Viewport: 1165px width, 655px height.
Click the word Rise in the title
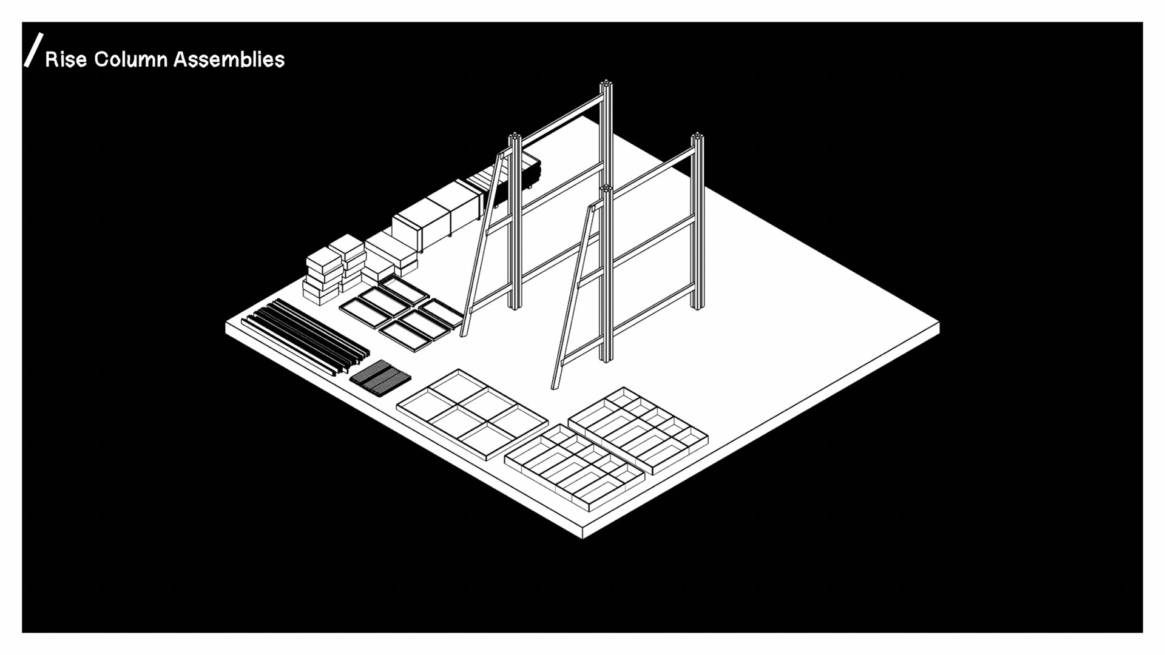click(66, 59)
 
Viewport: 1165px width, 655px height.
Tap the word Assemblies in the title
click(229, 59)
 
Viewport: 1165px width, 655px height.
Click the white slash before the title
click(33, 50)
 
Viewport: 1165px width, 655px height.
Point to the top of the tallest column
click(606, 83)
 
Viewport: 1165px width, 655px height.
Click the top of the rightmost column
click(697, 136)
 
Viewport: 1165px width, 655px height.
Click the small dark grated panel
click(380, 377)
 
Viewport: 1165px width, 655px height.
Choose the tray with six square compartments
click(472, 414)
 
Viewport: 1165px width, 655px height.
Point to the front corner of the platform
click(582, 534)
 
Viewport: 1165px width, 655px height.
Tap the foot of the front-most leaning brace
click(555, 386)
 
